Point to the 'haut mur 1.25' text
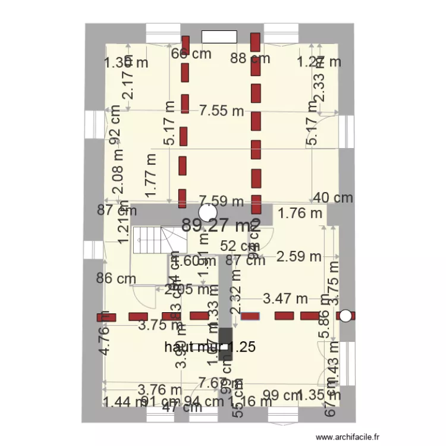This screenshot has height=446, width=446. [x=211, y=347]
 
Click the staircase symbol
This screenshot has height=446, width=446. [x=158, y=241]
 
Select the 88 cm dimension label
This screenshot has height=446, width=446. [x=250, y=58]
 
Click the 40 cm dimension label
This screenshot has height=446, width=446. [x=333, y=198]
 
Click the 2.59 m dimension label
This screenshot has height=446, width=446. [x=299, y=257]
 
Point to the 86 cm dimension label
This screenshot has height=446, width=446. [x=117, y=278]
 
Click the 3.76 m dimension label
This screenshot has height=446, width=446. [x=159, y=390]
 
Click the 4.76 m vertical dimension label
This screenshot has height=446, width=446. [x=104, y=332]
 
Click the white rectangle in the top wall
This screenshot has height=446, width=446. [x=219, y=36]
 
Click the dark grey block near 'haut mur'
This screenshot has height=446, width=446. [x=225, y=344]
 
